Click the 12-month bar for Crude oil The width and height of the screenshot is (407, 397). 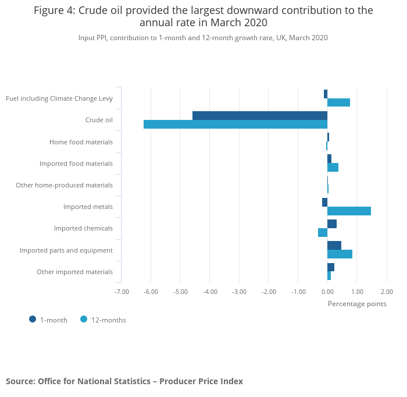click(x=235, y=124)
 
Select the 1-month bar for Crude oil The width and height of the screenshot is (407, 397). click(x=260, y=115)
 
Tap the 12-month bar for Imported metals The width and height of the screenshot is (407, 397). click(x=349, y=211)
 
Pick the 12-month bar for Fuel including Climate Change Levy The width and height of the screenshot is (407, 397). click(x=338, y=102)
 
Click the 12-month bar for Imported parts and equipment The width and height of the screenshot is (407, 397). click(x=340, y=254)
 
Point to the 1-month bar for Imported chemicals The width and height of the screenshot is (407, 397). click(x=332, y=224)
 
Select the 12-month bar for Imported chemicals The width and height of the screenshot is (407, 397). click(x=323, y=232)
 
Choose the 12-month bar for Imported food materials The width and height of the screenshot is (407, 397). click(x=333, y=168)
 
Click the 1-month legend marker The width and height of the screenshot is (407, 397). click(x=33, y=319)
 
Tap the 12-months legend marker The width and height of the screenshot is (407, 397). click(x=84, y=319)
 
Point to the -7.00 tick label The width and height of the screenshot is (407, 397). click(x=122, y=292)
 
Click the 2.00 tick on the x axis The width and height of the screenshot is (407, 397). click(x=387, y=292)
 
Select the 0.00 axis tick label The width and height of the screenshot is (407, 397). click(x=327, y=292)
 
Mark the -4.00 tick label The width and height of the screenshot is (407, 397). click(x=210, y=292)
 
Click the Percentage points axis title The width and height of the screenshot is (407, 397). click(x=357, y=303)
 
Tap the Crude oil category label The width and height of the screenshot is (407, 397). click(x=99, y=120)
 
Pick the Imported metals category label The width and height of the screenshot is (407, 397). click(x=88, y=207)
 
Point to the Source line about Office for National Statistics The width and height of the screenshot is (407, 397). click(x=124, y=381)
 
